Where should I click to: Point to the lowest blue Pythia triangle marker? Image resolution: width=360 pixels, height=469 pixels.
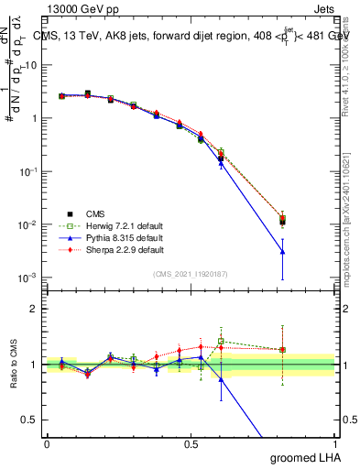pyautogui.click(x=283, y=251)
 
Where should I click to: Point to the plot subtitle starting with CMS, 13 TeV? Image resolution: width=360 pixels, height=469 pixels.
pyautogui.click(x=192, y=36)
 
